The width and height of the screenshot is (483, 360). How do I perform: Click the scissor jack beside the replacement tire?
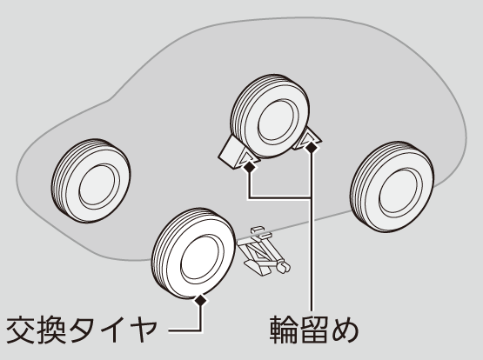coord(264,251)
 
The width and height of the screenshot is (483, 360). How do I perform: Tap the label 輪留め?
coord(314,330)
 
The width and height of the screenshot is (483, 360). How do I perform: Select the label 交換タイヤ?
coord(82,330)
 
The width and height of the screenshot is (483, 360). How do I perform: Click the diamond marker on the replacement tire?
coord(201,300)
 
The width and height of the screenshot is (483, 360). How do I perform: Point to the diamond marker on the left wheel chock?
coord(249,167)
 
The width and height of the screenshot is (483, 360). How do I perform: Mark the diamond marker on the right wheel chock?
coord(311,148)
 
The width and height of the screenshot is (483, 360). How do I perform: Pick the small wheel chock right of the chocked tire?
coord(306,139)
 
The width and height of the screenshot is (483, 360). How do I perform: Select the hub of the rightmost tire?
coord(399,192)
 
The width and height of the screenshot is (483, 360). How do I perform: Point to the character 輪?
coord(284,330)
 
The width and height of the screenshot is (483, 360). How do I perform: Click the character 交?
coord(21,330)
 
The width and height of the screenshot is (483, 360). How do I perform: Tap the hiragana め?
coord(345,330)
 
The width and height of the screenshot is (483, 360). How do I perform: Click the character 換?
coord(51,330)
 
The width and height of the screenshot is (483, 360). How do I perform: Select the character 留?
coord(314,330)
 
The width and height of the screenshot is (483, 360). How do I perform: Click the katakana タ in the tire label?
coord(84,330)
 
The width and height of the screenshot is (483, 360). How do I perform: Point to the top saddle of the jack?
coord(258,230)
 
